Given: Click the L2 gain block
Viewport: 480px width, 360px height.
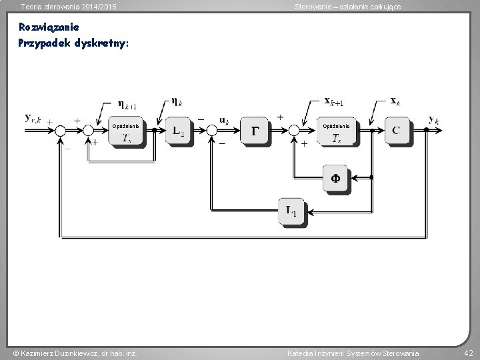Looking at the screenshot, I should click(x=178, y=131).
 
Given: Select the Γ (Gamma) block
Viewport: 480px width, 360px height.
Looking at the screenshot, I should click(x=256, y=131).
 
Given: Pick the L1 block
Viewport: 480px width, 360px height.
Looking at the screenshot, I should click(x=292, y=213).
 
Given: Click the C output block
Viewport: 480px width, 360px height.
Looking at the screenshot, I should click(x=396, y=130).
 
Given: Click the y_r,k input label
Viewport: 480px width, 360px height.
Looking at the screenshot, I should click(x=33, y=118).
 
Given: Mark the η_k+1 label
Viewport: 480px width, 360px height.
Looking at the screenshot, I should click(x=127, y=104).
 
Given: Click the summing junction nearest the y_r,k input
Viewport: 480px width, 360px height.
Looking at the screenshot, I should click(x=61, y=131).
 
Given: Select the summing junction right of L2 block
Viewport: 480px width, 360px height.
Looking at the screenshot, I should click(x=213, y=131).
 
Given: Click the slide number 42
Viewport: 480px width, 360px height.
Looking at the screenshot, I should click(x=468, y=353).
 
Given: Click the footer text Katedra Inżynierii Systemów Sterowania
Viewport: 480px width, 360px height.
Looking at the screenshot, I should click(x=353, y=353).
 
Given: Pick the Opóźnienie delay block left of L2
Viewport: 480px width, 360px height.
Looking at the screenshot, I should click(x=126, y=131).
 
